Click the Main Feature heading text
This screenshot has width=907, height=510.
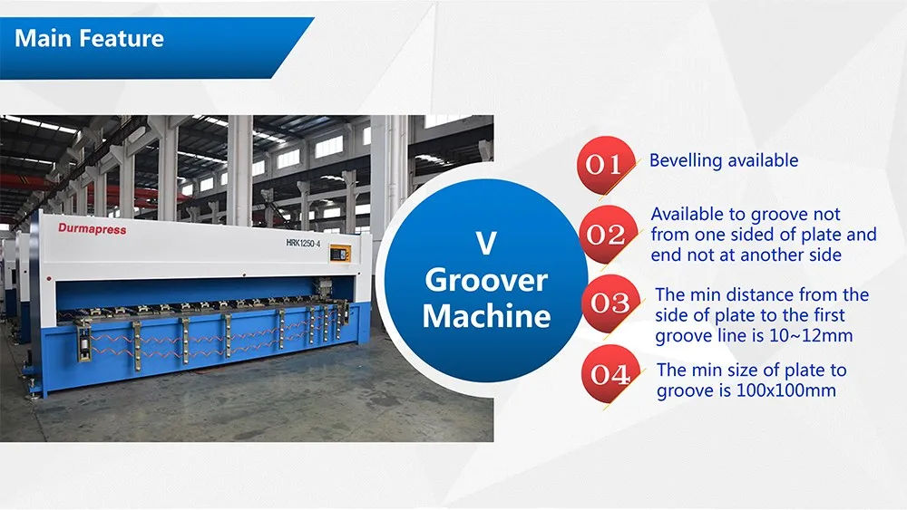pyautogui.click(x=89, y=39)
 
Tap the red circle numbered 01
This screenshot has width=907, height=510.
pyautogui.click(x=606, y=165)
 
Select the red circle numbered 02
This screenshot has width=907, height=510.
pyautogui.click(x=608, y=235)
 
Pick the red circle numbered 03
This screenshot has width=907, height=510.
pyautogui.click(x=610, y=303)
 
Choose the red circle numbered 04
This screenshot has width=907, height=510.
pyautogui.click(x=610, y=374)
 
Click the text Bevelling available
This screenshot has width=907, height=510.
pyautogui.click(x=724, y=160)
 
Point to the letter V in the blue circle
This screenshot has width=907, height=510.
pyautogui.click(x=486, y=243)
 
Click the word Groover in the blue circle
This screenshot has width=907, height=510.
pyautogui.click(x=486, y=281)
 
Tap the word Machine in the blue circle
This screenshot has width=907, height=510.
pyautogui.click(x=486, y=316)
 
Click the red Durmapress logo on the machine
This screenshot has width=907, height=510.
pyautogui.click(x=92, y=228)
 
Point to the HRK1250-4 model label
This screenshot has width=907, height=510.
pyautogui.click(x=303, y=243)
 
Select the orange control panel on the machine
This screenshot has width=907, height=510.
pyautogui.click(x=340, y=253)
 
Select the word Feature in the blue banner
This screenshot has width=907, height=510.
pyautogui.click(x=122, y=39)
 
